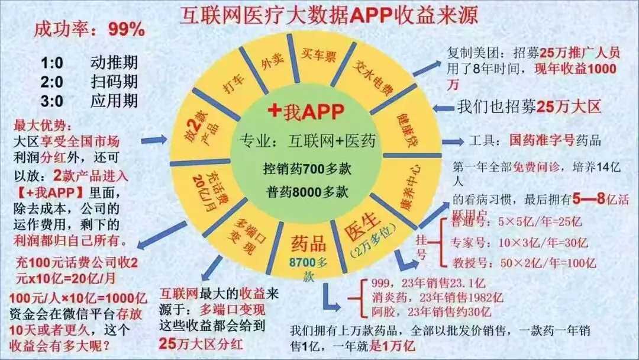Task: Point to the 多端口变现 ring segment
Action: click(x=243, y=233)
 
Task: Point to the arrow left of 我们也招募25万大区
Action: click(x=441, y=108)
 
